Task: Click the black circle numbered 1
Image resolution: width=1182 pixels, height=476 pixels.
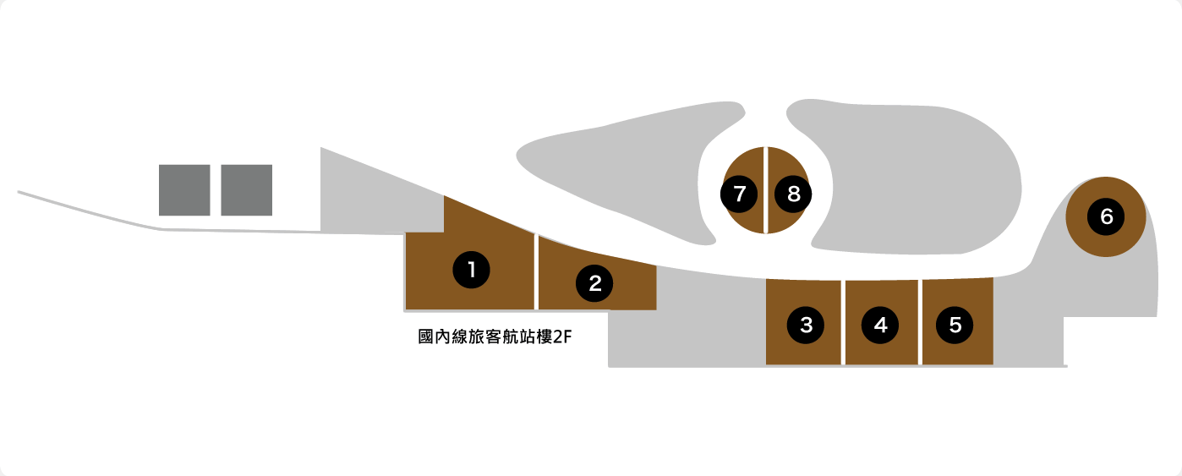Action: [472, 270]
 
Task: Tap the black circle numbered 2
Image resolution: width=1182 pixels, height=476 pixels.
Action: [594, 283]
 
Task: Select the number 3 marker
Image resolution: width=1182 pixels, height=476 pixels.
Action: [806, 324]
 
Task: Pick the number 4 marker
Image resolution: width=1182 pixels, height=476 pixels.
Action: [881, 324]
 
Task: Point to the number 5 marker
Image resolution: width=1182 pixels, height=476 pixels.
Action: [955, 324]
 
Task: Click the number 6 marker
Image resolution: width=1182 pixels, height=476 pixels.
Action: [1106, 217]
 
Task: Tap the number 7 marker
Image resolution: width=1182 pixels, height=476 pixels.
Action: [740, 194]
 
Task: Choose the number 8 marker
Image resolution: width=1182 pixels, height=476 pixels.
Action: [793, 194]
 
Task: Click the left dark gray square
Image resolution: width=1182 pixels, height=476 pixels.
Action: [184, 190]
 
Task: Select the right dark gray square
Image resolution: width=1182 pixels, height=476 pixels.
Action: [247, 190]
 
